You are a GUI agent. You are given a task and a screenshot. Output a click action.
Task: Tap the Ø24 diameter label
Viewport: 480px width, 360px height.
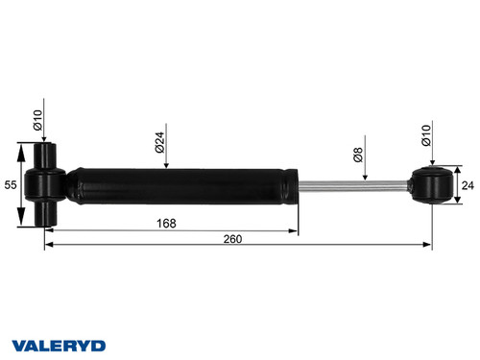pos(157,143)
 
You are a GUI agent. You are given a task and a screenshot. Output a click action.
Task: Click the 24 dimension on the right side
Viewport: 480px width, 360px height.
pos(468,185)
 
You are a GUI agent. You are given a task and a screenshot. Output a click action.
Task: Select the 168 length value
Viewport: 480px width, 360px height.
pos(168,224)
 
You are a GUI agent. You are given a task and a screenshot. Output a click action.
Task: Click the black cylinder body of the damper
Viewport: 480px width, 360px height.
pos(178,185)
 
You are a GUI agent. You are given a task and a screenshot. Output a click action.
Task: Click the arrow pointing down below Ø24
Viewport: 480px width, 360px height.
pos(166,165)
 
